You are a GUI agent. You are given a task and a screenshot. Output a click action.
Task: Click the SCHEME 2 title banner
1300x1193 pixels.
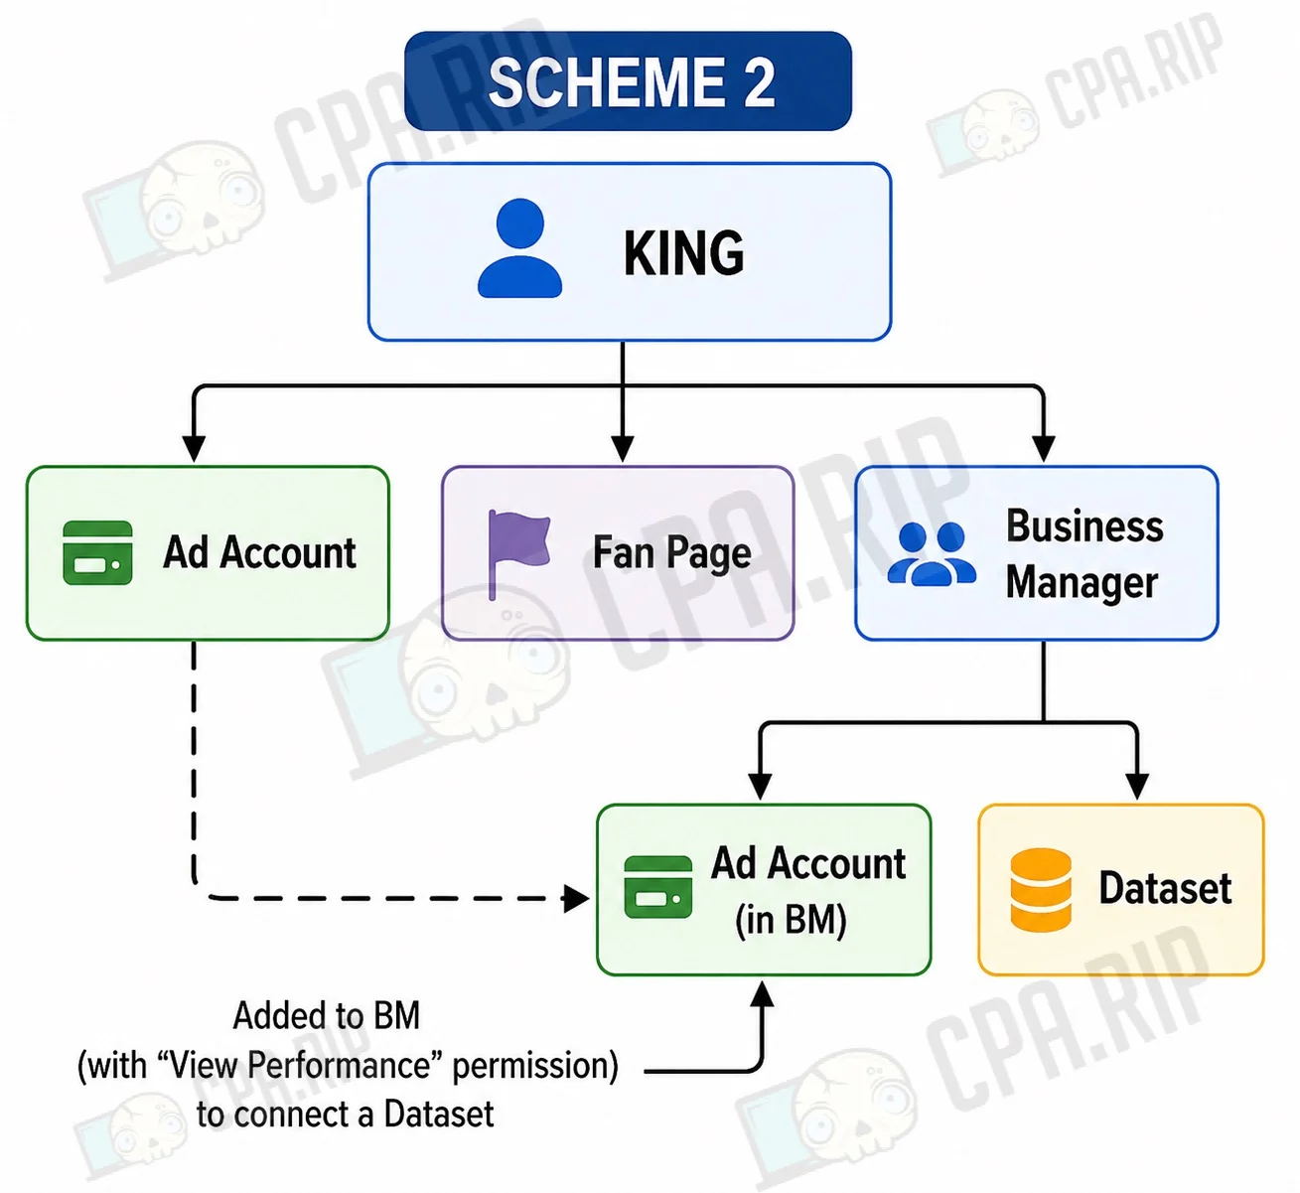coord(628,81)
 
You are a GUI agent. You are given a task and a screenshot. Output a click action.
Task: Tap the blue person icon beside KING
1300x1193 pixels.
coord(519,247)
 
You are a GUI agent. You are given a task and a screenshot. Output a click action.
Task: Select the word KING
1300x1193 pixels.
coord(683,253)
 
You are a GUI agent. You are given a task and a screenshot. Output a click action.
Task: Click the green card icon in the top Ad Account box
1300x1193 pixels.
coord(97,552)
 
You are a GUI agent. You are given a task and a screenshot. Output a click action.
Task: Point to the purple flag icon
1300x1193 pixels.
coord(518,554)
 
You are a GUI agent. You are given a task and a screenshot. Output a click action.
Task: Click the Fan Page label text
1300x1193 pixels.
coord(672,553)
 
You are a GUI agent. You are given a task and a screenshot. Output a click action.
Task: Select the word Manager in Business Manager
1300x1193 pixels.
coord(1082,583)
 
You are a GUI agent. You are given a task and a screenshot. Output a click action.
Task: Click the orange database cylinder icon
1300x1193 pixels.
coord(1041,890)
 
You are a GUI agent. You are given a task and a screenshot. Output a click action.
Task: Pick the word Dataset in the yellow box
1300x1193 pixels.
coord(1165,888)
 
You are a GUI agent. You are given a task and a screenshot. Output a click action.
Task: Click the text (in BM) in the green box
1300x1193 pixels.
coord(791,920)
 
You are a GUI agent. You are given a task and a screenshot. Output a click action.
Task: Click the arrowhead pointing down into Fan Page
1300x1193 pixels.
coord(622,448)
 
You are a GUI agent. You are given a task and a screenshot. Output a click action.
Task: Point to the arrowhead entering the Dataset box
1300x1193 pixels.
coord(1137,786)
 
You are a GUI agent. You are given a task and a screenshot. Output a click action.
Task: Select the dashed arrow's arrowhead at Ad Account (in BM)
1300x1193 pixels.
coord(576,899)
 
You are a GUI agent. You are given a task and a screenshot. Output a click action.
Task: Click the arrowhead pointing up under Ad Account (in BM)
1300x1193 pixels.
coord(763,994)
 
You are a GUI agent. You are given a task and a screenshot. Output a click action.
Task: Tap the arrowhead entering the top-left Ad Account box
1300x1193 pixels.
coord(194,448)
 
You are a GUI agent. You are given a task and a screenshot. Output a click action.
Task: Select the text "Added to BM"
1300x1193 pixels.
coord(326,1015)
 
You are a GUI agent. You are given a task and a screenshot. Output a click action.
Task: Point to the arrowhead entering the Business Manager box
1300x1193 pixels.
coord(1043,448)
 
